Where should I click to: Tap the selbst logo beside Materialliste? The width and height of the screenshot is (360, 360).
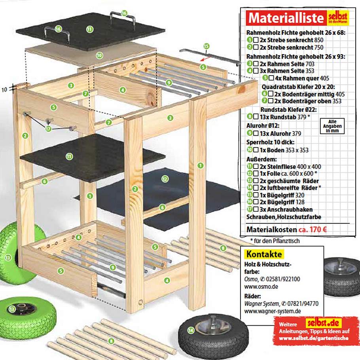[x=338, y=18]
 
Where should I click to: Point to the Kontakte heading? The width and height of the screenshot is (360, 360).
[x=264, y=254]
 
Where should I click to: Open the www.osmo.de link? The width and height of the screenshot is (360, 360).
[x=258, y=286]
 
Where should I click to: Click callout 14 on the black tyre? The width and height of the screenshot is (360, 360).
[x=192, y=330]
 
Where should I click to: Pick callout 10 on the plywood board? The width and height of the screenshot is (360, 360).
[x=99, y=55]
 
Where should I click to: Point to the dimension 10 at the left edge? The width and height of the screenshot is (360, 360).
[x=4, y=89]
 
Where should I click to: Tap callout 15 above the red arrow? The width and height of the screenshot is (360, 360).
[x=206, y=46]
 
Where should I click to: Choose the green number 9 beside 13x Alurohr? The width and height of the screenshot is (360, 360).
[x=250, y=133]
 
